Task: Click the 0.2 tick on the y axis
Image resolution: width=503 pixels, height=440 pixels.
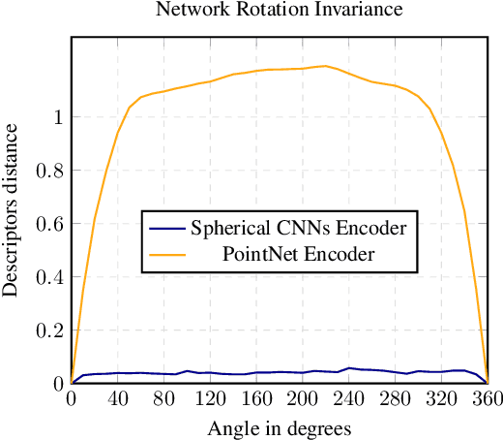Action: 51,330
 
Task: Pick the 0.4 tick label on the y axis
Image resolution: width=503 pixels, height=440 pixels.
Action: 51,277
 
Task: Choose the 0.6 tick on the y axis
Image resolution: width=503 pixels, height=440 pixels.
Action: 51,224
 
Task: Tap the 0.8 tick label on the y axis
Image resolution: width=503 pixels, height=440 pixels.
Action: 51,171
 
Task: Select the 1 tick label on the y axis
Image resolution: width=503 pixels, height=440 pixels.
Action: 59,117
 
